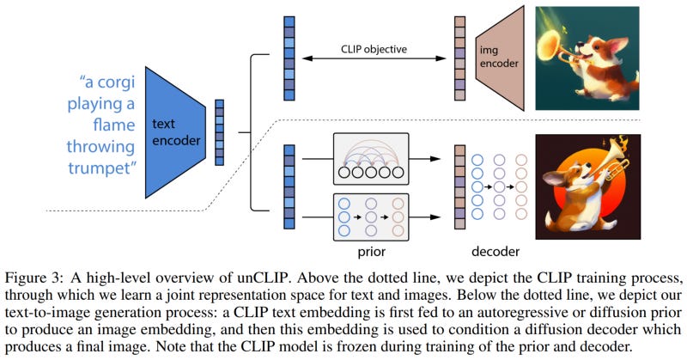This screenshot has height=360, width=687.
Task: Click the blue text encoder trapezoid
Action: tap(175, 132)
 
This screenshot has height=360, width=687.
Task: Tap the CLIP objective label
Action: tap(374, 49)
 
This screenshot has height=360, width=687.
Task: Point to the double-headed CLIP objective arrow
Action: tap(374, 58)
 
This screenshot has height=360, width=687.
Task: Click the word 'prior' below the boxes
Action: tap(372, 252)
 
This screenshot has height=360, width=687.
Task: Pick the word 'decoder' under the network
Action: tap(495, 251)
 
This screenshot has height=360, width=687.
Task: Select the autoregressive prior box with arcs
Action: tap(371, 159)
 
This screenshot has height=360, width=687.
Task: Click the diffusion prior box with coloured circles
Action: tap(371, 217)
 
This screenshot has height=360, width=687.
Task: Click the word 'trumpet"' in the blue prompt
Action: tap(102, 168)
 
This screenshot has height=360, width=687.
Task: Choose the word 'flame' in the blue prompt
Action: tap(114, 125)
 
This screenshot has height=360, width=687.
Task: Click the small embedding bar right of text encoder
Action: tap(220, 132)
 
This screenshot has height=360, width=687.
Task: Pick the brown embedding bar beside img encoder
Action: tap(459, 58)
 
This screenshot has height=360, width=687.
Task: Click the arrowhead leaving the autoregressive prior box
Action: tap(435, 159)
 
